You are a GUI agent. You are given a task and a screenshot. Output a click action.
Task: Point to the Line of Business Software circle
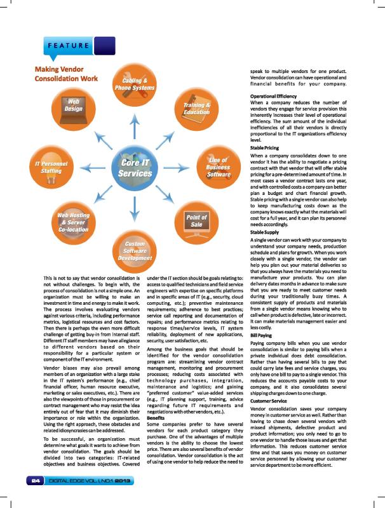(218, 167)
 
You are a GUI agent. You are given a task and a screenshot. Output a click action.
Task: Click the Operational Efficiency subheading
(274, 96)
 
